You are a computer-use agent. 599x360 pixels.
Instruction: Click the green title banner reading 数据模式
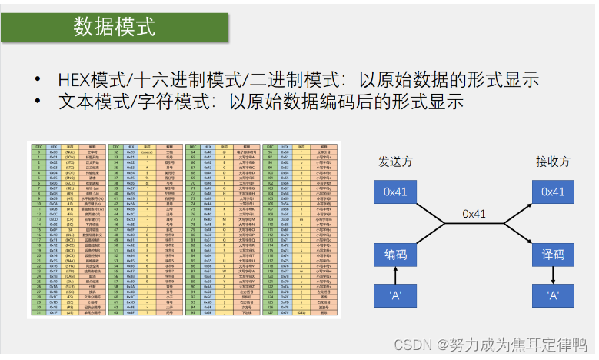(115, 28)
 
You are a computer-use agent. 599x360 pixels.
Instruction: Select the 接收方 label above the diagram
(553, 162)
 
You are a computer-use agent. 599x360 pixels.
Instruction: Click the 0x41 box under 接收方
(553, 192)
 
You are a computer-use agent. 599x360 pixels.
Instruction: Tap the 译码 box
(553, 253)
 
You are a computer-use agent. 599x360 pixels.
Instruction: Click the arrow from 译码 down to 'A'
(553, 274)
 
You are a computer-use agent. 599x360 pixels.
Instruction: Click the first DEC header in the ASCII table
(38, 145)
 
